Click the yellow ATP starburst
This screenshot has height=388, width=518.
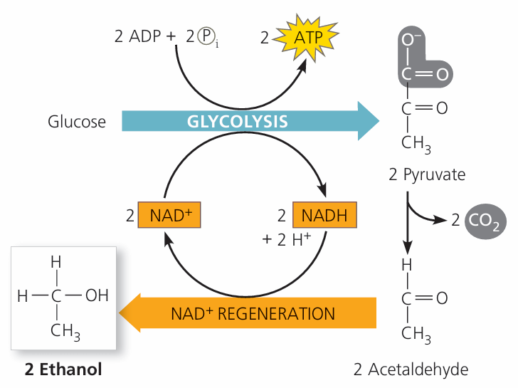[304, 37]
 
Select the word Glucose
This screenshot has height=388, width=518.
[77, 121]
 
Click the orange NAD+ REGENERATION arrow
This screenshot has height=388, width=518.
[249, 313]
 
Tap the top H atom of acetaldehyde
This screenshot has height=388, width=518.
[407, 264]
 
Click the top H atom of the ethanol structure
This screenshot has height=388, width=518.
[55, 261]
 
